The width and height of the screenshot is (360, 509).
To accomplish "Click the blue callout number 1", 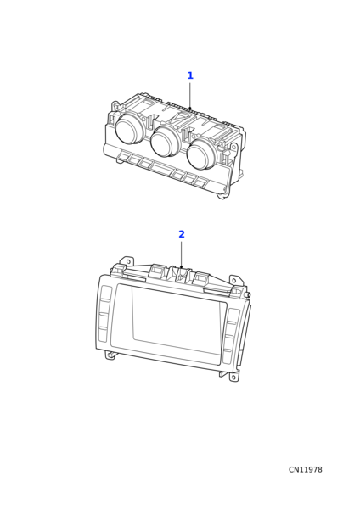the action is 190,76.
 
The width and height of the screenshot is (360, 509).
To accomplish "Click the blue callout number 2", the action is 182,234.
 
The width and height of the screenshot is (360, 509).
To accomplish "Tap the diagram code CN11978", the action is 306,470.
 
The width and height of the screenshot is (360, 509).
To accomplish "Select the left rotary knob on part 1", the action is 129,129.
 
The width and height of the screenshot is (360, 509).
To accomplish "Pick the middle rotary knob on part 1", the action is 165,141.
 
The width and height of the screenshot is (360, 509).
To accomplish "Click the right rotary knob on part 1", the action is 201,154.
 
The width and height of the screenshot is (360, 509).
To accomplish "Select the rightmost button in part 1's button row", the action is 200,182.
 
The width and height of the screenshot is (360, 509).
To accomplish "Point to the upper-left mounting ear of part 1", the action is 115,107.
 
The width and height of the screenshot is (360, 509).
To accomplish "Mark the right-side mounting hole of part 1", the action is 233,147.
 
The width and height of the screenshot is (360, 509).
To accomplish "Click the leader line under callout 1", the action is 190,95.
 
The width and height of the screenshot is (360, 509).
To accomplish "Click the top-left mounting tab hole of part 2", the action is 128,261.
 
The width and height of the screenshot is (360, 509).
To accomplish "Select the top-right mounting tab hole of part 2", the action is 234,280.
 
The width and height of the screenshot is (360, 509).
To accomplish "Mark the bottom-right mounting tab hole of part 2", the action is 233,378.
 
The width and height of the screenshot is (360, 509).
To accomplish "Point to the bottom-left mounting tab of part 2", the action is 110,355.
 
